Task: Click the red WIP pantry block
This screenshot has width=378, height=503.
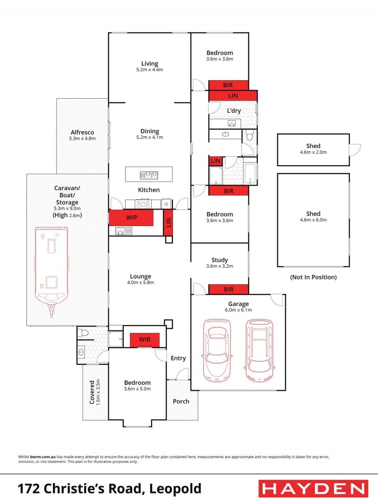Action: [x=131, y=218]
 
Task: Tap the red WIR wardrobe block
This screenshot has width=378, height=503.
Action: [x=145, y=340]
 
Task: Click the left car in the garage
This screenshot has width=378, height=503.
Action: [x=217, y=351]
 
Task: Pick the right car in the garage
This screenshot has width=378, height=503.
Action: [x=259, y=351]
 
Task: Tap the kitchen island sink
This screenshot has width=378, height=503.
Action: [x=149, y=175]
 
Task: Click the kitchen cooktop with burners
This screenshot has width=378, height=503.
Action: [x=143, y=204]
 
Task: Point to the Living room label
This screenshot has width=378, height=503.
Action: [x=150, y=64]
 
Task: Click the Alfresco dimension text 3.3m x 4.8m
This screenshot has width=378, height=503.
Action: [x=82, y=139]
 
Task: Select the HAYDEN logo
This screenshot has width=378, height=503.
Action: [x=313, y=489]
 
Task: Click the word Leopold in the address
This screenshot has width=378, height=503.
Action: [x=175, y=488]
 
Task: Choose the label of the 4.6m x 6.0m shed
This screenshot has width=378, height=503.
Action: [x=313, y=214]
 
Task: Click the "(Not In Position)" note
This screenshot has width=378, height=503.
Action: [x=313, y=277]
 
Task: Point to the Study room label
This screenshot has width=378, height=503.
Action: [x=220, y=260]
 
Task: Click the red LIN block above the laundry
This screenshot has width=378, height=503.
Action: [x=233, y=96]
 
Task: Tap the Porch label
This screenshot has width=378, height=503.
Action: [x=181, y=401]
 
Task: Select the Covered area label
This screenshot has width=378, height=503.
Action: [x=92, y=392]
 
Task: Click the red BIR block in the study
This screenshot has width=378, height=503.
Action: [x=229, y=289]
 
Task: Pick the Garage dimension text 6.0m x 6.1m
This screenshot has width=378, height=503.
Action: [x=239, y=310]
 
